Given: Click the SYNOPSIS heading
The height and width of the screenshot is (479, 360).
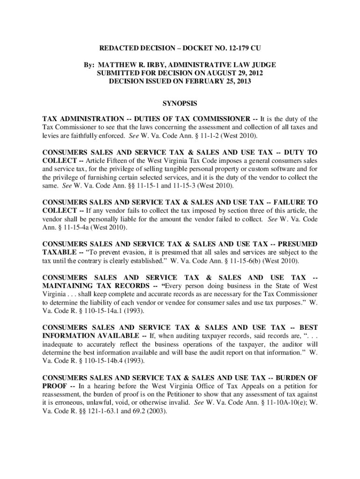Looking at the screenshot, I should pyautogui.click(x=180, y=102).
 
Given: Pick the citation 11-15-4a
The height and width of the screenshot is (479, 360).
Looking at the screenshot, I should pyautogui.click(x=69, y=227).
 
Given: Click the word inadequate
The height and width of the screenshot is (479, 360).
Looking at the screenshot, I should pyautogui.click(x=59, y=344).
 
